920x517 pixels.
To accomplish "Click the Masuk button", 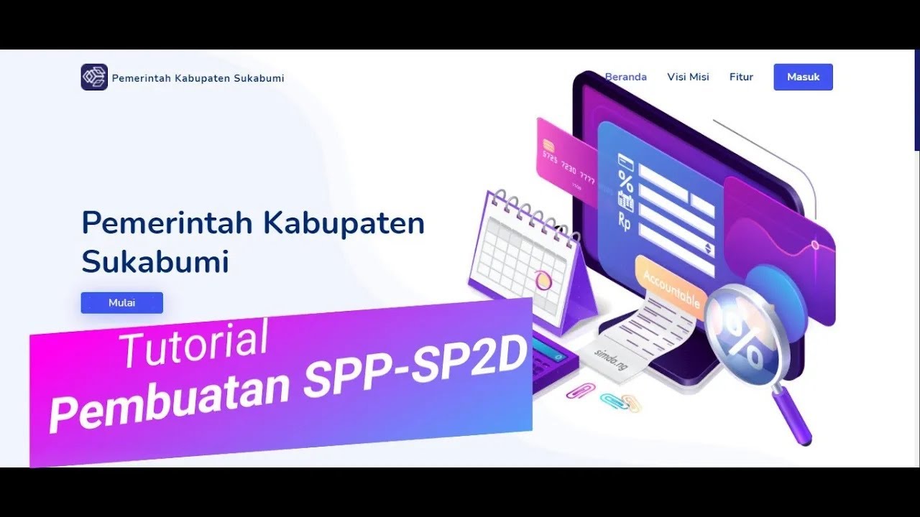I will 803,77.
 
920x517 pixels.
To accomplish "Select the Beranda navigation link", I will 625,77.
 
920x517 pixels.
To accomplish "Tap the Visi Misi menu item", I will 688,77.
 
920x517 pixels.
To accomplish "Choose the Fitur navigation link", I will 741,77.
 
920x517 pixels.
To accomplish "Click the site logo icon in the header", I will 94,77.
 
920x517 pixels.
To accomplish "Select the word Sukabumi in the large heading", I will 155,262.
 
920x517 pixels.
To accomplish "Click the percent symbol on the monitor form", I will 626,180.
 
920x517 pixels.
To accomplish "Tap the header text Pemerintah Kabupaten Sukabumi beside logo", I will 198,78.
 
